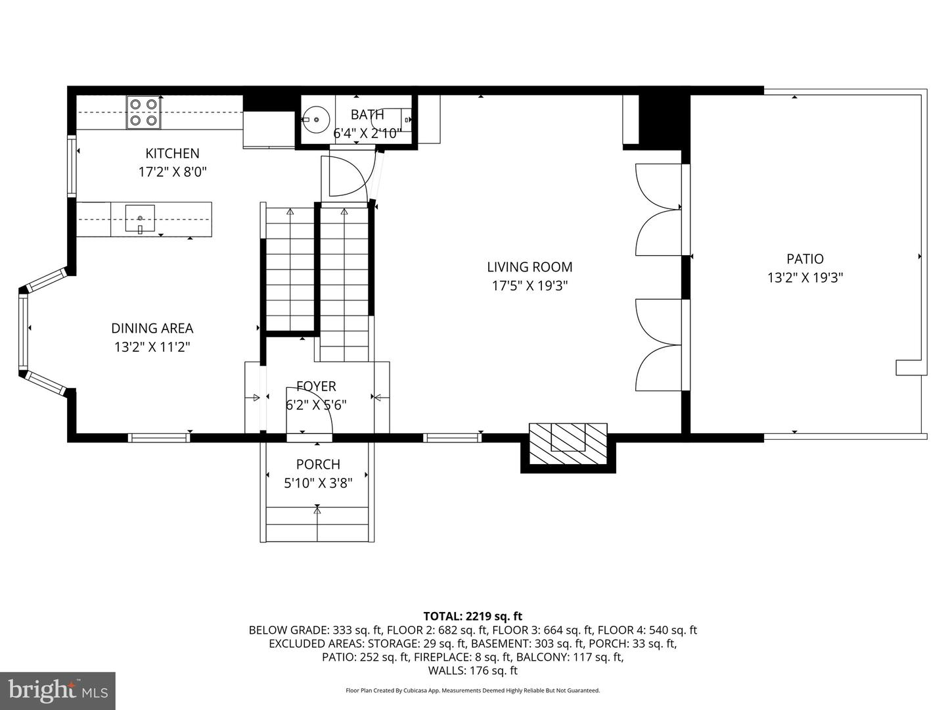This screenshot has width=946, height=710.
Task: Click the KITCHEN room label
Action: pos(172,153)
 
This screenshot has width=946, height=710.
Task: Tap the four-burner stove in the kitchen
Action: pos(144,112)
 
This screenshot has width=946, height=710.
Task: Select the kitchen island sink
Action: pos(140,219)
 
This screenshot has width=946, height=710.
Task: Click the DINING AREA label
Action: pos(152,328)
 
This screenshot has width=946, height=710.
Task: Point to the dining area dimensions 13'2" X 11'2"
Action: pos(152,346)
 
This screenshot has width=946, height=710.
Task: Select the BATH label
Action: pos(367,114)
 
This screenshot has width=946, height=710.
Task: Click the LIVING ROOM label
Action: pos(529,267)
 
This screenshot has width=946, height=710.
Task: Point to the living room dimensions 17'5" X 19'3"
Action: pos(529,285)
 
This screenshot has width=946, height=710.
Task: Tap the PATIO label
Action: pos(805,259)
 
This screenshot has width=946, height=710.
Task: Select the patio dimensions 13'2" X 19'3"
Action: pos(805,277)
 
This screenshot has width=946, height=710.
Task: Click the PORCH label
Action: pos(318,464)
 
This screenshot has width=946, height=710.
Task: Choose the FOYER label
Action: pos(316,386)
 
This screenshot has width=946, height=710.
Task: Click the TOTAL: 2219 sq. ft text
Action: pos(472,616)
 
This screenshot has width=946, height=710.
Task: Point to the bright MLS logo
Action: pos(58,690)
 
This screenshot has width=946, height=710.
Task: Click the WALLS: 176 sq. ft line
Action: pos(472,671)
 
